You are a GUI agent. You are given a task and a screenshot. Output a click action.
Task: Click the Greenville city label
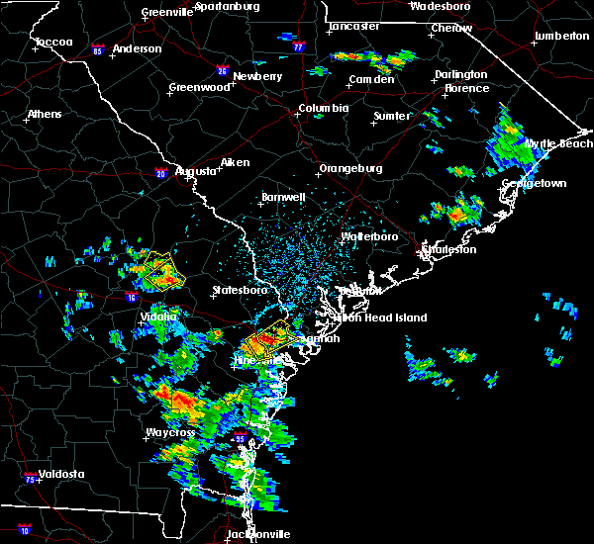[x=166, y=12]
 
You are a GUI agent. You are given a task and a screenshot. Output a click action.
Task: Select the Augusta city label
[x=196, y=171]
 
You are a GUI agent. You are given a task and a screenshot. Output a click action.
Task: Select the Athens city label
[x=45, y=114]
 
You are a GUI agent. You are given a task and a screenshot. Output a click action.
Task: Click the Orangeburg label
[x=350, y=168]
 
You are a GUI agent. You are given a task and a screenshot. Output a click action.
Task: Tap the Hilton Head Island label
[x=381, y=317]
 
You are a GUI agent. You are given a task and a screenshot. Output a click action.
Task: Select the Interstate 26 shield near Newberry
[x=222, y=71]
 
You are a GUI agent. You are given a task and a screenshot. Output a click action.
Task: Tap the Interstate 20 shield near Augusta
[x=160, y=173]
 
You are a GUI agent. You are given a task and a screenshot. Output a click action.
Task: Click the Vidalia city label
[x=158, y=317]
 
